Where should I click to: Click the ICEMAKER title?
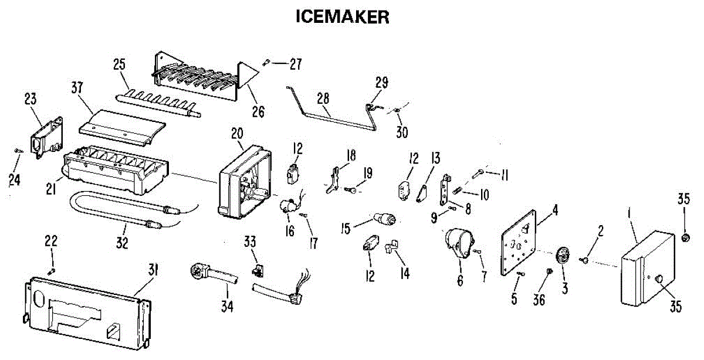343,17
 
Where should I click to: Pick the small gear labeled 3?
562,257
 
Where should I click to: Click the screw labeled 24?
18,151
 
